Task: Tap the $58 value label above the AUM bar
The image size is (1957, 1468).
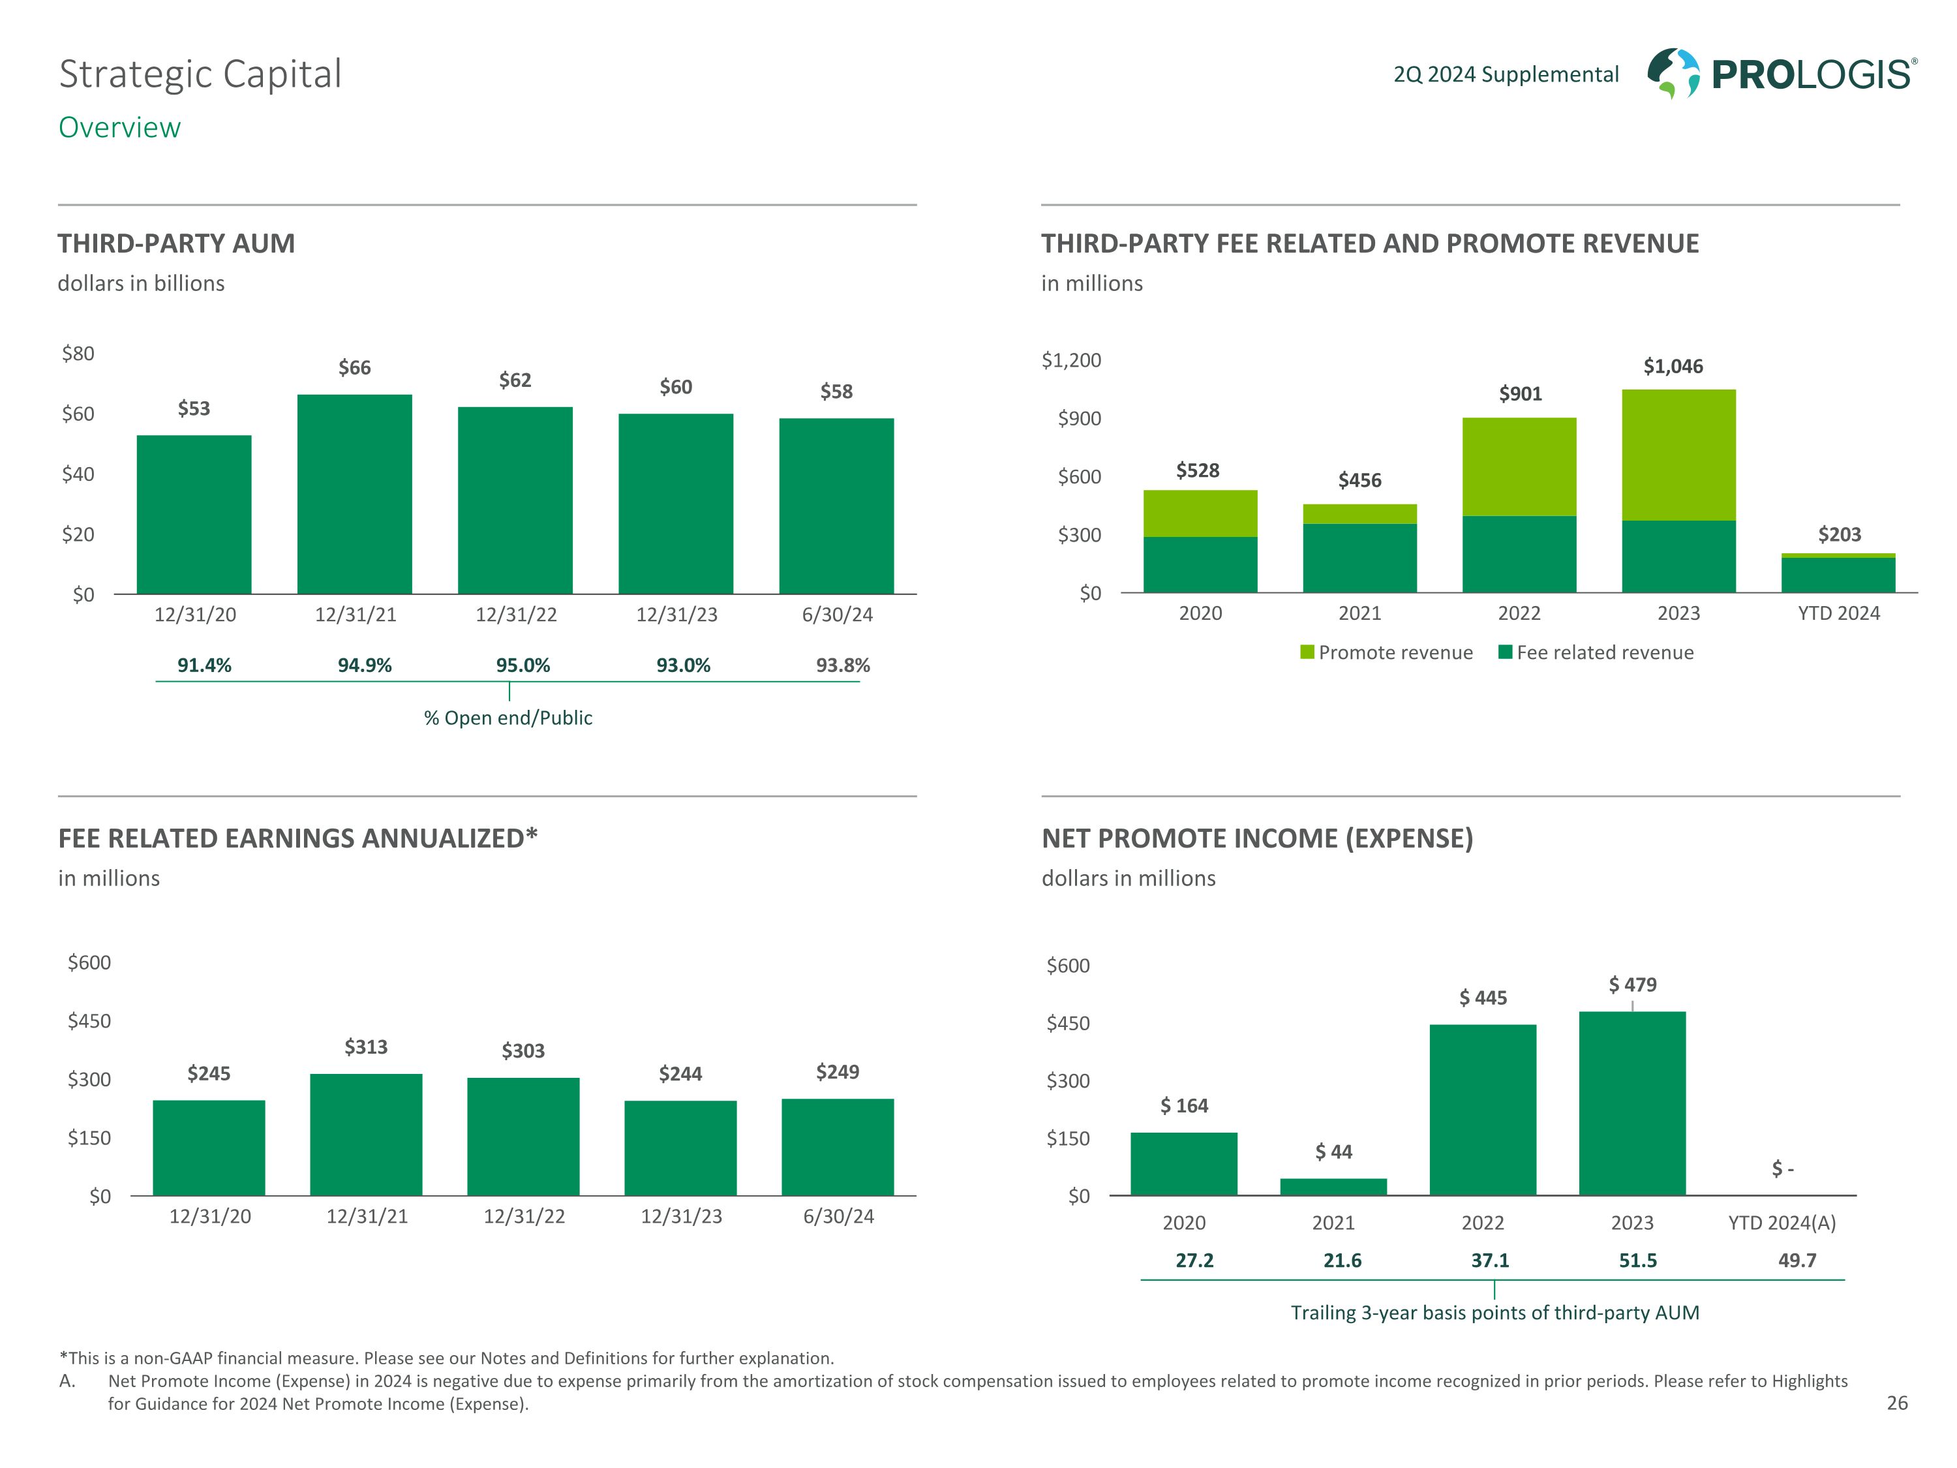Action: (836, 391)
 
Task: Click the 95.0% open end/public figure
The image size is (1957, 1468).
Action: (523, 665)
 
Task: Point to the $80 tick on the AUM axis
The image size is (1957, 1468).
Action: (78, 354)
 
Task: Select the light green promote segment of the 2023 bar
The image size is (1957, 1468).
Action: (1678, 455)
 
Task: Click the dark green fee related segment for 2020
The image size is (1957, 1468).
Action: (1200, 564)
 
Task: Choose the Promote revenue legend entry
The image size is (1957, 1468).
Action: (1386, 653)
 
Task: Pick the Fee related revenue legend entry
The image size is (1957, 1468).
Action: (1596, 653)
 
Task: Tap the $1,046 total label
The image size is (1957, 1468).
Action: (1672, 366)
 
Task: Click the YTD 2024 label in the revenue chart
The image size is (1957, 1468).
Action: (1838, 613)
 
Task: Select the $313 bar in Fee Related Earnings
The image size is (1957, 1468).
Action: (366, 1135)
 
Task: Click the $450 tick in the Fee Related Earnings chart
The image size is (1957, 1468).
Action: (89, 1021)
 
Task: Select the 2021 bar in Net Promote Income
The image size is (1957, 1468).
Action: (1333, 1187)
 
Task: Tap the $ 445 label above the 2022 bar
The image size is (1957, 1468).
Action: (1483, 998)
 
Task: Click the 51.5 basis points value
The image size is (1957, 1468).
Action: (1637, 1261)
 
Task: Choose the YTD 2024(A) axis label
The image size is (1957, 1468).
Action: (1782, 1223)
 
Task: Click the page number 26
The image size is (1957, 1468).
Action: (1897, 1403)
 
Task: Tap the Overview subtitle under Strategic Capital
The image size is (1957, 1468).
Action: (119, 127)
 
